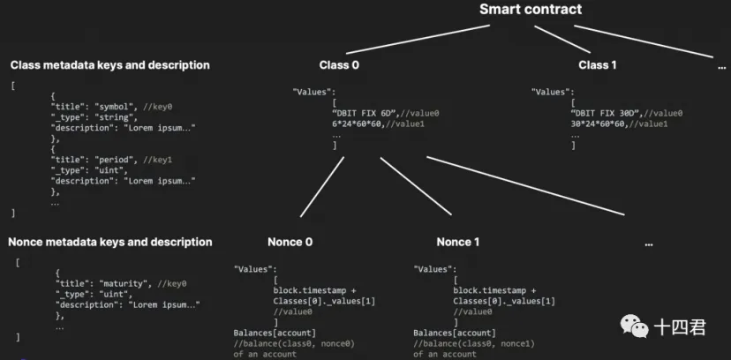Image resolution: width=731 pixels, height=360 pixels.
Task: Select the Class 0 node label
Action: [339, 65]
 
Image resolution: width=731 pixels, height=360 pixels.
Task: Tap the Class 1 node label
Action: [598, 65]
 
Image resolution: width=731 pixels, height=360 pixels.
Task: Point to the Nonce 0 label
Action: [290, 242]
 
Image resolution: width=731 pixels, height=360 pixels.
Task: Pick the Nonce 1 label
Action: [458, 242]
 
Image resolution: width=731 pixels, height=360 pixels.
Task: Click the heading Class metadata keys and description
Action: [109, 65]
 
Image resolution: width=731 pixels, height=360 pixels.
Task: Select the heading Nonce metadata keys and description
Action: [109, 242]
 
